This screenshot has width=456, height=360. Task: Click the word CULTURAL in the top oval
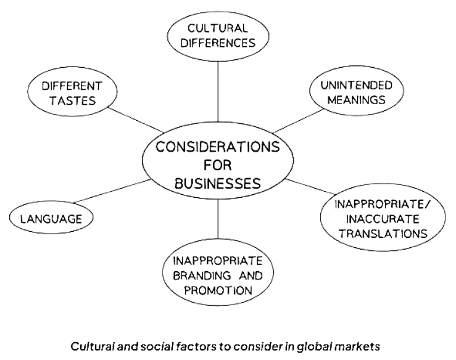pos(218,28)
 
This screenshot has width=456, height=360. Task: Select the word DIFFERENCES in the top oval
pos(218,43)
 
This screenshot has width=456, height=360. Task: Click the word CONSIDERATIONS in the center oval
pos(218,147)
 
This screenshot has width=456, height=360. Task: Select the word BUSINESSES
pos(218,183)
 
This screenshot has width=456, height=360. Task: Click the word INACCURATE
pos(375,219)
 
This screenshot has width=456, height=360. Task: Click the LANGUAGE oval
pos(52,219)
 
